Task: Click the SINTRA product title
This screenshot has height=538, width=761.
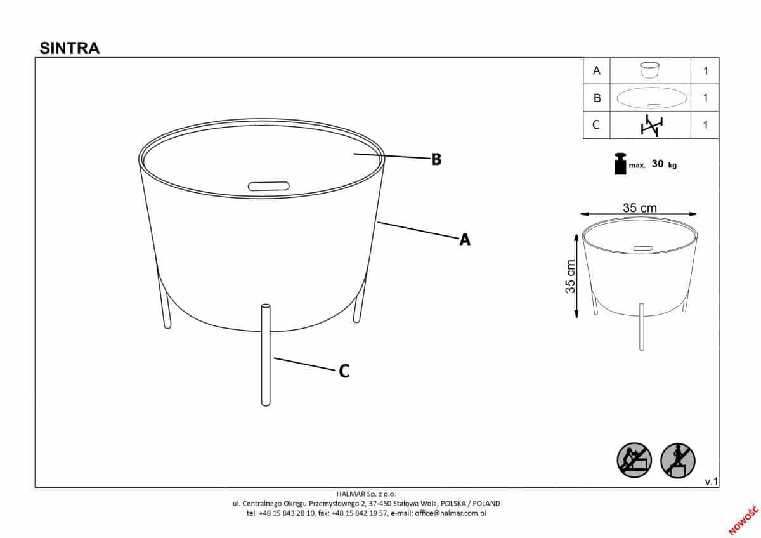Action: coord(70,48)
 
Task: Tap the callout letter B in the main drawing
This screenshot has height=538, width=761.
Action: coord(436,159)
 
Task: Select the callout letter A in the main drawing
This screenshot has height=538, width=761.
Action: coord(465,240)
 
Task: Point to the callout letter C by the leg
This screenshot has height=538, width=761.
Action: coord(344,372)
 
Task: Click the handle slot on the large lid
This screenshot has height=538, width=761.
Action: coord(268,187)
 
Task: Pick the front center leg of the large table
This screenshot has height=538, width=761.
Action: coord(266,355)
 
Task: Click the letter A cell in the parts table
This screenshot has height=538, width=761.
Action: coord(597,70)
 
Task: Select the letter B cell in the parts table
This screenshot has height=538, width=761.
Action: coord(597,98)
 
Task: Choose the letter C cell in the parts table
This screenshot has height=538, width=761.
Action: coord(597,125)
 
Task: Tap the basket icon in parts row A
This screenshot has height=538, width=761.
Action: coord(649,70)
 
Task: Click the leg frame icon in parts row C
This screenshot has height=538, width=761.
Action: coord(652,126)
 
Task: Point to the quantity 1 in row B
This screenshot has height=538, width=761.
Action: coord(705,98)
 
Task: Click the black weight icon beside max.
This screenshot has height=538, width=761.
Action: coord(620,164)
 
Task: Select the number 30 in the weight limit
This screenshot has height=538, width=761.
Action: coord(658,164)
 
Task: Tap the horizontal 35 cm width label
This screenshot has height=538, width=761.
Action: coord(639,207)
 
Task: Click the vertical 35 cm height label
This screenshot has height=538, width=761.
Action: coord(570,277)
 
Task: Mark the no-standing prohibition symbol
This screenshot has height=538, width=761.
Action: coord(677,461)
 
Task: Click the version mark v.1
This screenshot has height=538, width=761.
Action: coord(712,482)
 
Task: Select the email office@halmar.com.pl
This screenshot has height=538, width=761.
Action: coord(450,513)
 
